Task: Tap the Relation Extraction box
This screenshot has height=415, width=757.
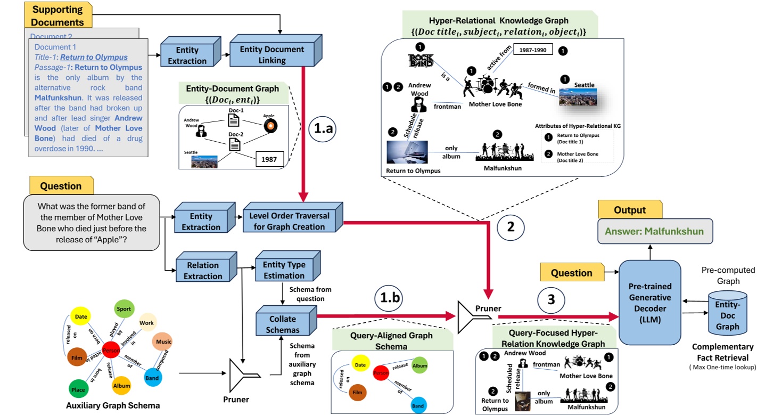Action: [204, 271]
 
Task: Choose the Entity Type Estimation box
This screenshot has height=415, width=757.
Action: [284, 270]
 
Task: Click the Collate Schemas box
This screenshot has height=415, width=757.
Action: [284, 324]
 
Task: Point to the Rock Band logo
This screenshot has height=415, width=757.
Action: [421, 60]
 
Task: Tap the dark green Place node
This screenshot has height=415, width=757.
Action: [78, 390]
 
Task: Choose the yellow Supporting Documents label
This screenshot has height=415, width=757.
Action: [57, 15]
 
